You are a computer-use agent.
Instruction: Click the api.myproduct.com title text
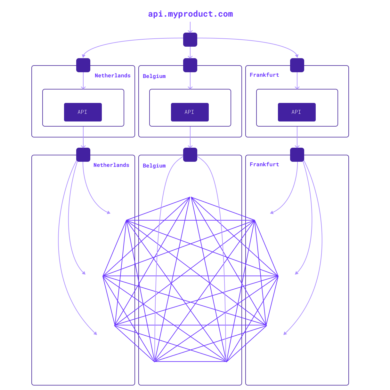(190, 14)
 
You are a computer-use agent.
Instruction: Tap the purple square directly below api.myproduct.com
(190, 40)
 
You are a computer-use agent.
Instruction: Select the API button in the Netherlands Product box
(83, 112)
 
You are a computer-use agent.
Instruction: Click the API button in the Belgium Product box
(190, 112)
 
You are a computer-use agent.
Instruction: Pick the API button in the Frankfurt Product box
(297, 112)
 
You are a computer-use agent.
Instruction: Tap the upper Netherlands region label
(113, 76)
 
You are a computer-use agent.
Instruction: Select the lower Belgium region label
(154, 166)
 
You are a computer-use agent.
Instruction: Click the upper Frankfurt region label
(264, 75)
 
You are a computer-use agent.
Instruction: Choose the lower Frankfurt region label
(264, 164)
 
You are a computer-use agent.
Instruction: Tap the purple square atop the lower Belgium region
(190, 155)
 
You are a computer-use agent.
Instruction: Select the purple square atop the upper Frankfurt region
(297, 65)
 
